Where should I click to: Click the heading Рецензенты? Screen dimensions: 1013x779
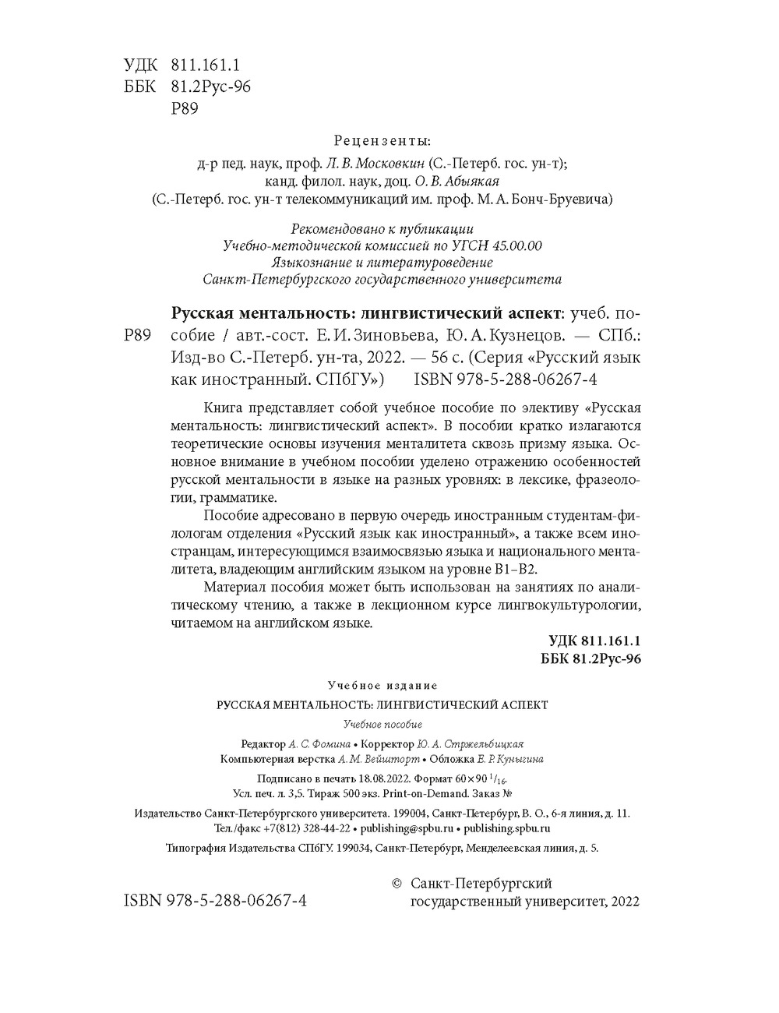click(382, 141)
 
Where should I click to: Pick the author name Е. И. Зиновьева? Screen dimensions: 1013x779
click(363, 336)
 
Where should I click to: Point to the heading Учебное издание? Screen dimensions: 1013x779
click(382, 685)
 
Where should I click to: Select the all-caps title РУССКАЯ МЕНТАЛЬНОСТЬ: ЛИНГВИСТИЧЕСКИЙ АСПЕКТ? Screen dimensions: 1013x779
click(382, 704)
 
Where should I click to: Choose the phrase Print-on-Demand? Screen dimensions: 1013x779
click(429, 793)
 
